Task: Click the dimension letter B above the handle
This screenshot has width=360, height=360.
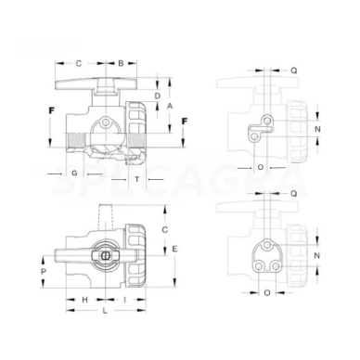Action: tap(121, 63)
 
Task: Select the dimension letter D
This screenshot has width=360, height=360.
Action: tap(158, 96)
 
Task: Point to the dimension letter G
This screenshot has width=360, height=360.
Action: tap(73, 174)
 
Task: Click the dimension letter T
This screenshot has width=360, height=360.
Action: tap(136, 178)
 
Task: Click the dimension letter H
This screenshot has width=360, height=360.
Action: tap(84, 301)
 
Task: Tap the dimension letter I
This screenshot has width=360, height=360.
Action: tap(124, 301)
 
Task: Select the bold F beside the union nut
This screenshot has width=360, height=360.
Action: tap(184, 122)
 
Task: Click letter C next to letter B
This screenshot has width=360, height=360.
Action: tap(78, 63)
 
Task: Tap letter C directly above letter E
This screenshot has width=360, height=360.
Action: tap(164, 227)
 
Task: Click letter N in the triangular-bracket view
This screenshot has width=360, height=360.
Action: tap(318, 253)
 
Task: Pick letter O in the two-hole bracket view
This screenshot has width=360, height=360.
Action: tap(260, 168)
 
